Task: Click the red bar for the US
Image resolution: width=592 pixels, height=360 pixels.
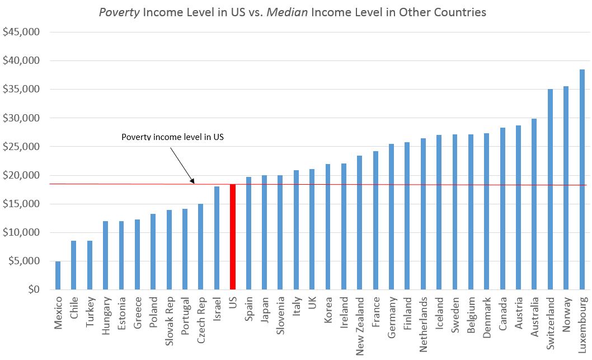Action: [x=233, y=237]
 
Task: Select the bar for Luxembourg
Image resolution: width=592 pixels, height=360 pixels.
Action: [x=582, y=179]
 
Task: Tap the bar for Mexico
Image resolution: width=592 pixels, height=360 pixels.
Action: [x=58, y=275]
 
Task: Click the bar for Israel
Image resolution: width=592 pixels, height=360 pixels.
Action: [x=217, y=238]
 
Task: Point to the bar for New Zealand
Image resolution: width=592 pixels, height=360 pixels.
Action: [x=360, y=222]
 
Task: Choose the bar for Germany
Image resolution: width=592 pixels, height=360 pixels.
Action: [x=392, y=217]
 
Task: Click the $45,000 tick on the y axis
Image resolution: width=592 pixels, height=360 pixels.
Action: [x=21, y=32]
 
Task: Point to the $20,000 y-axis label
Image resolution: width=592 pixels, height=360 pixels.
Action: [x=21, y=175]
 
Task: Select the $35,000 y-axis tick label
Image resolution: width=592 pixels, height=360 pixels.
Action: [x=21, y=89]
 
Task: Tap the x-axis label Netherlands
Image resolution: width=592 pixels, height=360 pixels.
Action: [x=424, y=324]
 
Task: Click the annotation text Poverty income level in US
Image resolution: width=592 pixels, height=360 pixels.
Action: [x=172, y=137]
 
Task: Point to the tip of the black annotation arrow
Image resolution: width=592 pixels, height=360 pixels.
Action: [x=194, y=183]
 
